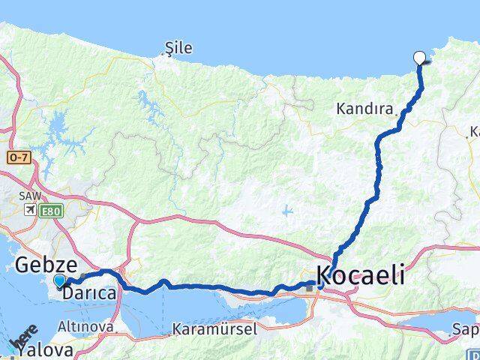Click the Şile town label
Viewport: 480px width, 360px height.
pos(178,49)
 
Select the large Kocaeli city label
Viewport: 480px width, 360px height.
pos(360,274)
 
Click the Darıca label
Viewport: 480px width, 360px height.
pos(89,294)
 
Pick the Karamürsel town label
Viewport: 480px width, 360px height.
pos(214,328)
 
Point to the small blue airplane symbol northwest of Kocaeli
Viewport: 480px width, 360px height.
pos(287,211)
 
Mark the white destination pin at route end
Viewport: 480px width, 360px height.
pos(419,57)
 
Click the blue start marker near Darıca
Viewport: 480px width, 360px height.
pos(59,281)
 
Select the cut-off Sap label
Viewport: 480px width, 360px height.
pos(465,328)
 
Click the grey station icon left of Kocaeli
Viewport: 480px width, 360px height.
pos(308,287)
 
